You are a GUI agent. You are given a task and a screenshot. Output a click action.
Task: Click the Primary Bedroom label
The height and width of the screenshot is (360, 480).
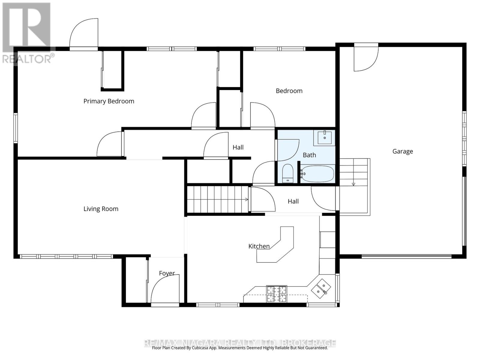click(109, 101)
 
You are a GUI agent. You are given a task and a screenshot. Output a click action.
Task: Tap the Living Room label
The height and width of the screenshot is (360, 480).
click(101, 209)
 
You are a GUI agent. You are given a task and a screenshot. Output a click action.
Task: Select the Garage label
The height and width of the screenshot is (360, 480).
click(403, 151)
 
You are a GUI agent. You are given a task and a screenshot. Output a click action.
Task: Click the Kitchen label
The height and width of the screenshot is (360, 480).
click(259, 246)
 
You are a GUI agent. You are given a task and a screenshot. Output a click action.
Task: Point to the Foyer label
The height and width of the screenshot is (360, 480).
click(167, 273)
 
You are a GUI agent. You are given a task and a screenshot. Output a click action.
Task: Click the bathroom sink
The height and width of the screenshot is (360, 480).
click(324, 137)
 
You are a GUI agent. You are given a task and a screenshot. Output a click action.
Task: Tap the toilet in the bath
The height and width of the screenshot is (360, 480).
click(288, 173)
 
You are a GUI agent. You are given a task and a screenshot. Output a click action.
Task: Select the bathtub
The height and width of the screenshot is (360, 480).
click(318, 174)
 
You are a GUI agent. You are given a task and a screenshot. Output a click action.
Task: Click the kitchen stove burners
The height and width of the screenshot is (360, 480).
click(277, 294)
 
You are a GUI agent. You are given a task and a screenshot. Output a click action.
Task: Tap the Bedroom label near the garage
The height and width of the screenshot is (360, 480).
click(289, 91)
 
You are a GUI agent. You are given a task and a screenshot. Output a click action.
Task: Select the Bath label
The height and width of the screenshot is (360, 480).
click(309, 155)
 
